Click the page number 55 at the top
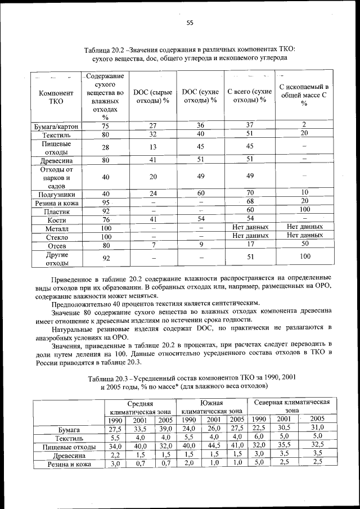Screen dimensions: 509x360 [190, 22]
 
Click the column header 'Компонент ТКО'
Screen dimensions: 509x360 [56, 97]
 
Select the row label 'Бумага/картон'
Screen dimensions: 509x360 [56, 127]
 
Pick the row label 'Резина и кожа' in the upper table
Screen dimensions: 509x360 [56, 203]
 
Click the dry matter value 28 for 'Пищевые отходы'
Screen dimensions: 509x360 [105, 147]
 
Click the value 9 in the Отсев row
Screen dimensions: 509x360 [200, 245]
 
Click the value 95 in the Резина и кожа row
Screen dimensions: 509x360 [105, 202]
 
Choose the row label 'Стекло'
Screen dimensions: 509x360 [56, 237]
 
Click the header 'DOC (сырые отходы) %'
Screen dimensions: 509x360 [152, 96]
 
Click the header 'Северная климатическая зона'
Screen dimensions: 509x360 [291, 407]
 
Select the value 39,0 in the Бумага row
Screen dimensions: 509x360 [165, 429]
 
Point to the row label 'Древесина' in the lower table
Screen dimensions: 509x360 [69, 455]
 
